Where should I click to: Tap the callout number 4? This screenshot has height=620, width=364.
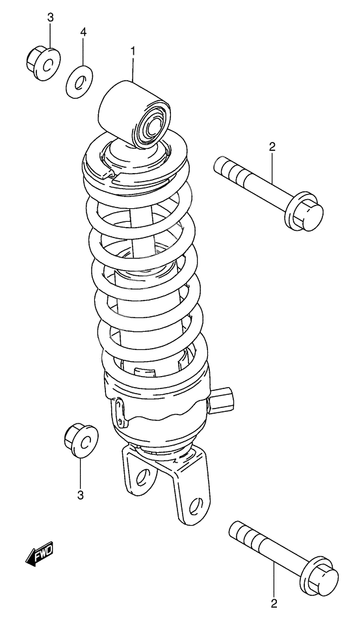[x=83, y=32]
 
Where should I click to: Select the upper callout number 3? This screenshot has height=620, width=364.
[x=50, y=18]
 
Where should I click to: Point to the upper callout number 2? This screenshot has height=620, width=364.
[x=272, y=146]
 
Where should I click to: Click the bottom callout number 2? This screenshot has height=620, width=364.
[x=274, y=602]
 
